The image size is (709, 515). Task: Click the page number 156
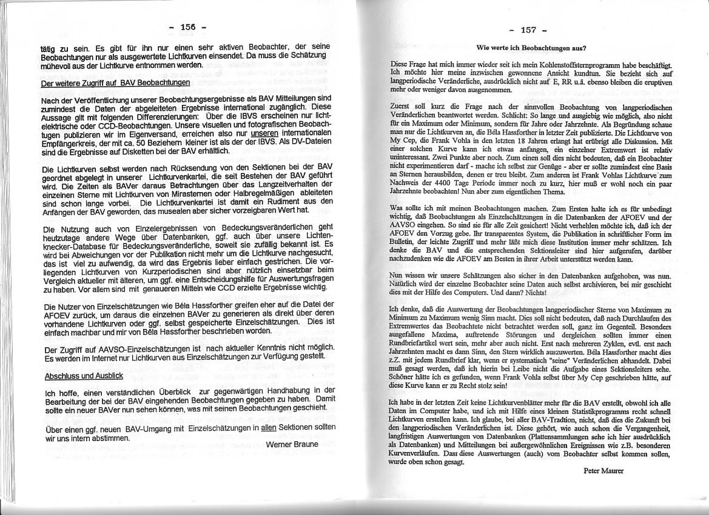point(187,27)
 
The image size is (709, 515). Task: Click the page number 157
point(529,30)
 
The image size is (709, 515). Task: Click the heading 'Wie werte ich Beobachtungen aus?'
point(531,47)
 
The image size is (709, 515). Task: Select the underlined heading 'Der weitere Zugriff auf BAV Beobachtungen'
point(115,83)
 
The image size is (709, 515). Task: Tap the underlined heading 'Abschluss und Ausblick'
point(84,376)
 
